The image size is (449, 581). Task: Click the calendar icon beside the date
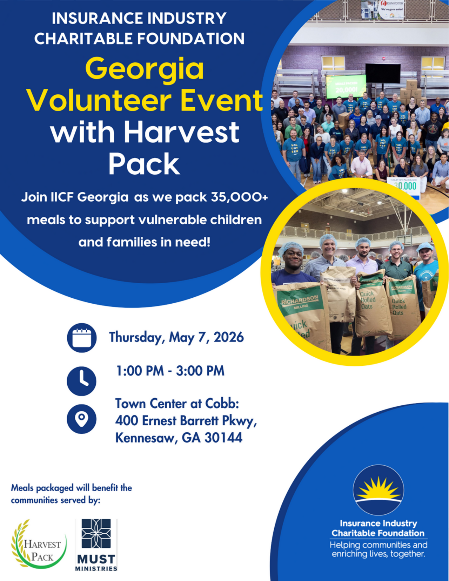[x=82, y=338]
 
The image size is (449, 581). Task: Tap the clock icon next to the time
[x=82, y=381]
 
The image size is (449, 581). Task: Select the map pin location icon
[x=82, y=419]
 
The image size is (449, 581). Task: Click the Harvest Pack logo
[x=39, y=544]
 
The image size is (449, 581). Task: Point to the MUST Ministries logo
[x=96, y=545]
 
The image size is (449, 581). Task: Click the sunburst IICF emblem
[x=378, y=490]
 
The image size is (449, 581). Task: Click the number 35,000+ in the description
[x=239, y=197]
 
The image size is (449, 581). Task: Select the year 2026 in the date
[x=229, y=337]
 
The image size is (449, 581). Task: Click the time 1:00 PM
[x=140, y=371]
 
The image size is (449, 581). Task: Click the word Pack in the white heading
[x=144, y=164]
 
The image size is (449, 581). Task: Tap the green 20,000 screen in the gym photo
[x=346, y=87]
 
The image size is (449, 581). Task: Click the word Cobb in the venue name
[x=222, y=404]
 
